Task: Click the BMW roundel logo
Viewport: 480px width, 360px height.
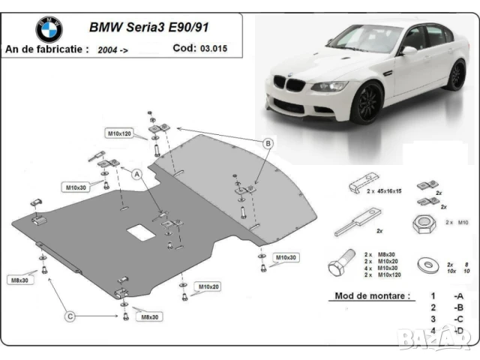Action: tap(49, 29)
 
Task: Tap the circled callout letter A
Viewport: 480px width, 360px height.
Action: tap(137, 174)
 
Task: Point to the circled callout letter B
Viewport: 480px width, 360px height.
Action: tap(268, 143)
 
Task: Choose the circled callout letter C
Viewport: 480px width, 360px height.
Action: tap(70, 317)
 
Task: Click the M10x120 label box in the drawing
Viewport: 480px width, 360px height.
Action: tap(118, 133)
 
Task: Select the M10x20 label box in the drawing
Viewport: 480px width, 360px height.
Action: tap(209, 286)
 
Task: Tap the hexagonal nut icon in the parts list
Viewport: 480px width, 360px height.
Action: tap(423, 223)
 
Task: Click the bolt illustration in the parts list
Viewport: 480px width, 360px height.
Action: tap(341, 265)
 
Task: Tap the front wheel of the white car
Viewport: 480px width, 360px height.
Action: tap(367, 103)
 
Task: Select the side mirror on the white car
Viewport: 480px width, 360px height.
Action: tap(409, 50)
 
